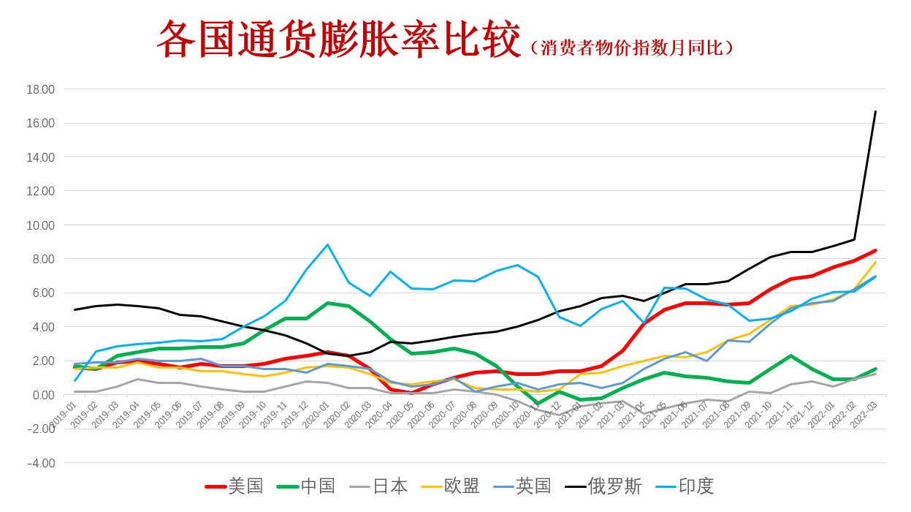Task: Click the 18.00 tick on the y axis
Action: coord(41,89)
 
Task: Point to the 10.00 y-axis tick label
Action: coord(41,225)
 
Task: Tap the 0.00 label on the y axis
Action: coord(43,395)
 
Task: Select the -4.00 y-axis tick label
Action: coord(41,463)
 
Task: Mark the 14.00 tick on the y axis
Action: coord(41,157)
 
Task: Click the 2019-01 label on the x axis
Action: coord(63,414)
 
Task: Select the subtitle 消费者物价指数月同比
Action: coord(631,48)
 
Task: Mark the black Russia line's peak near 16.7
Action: coord(875,111)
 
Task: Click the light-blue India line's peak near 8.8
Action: coord(327,245)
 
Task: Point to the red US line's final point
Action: coord(875,250)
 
